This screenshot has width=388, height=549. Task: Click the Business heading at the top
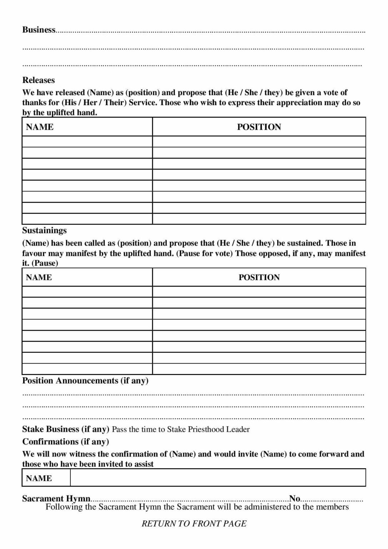click(x=39, y=30)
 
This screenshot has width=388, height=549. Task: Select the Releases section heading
click(x=38, y=80)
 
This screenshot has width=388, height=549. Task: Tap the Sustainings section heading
click(x=44, y=230)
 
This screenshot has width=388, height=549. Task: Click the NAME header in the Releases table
click(x=40, y=127)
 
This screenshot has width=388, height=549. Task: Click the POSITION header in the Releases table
click(x=259, y=127)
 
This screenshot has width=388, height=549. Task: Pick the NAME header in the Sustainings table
click(x=39, y=277)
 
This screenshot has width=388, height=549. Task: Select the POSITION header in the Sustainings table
click(x=259, y=277)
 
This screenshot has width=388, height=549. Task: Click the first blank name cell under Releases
click(x=87, y=142)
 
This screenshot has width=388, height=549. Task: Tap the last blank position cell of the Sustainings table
click(x=259, y=369)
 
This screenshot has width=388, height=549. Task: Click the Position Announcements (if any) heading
click(x=85, y=381)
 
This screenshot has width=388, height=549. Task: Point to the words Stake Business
click(x=51, y=429)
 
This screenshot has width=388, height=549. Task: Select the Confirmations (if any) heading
click(x=65, y=441)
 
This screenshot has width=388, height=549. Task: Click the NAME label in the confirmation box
click(x=39, y=478)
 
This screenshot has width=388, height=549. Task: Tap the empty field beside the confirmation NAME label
click(x=218, y=478)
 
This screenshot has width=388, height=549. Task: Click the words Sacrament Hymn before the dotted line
click(x=56, y=498)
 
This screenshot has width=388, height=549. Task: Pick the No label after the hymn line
click(x=294, y=498)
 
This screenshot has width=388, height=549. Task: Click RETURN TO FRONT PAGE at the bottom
click(x=194, y=524)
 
